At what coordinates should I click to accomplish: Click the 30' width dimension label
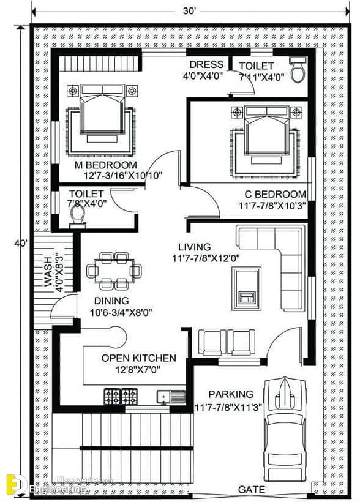click(x=189, y=11)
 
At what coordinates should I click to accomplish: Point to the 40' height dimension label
click(x=21, y=243)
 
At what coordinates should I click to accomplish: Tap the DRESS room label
click(x=206, y=64)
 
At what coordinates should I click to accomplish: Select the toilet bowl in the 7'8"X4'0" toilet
click(x=78, y=216)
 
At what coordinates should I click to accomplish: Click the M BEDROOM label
click(x=106, y=165)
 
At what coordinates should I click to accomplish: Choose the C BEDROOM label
click(x=276, y=194)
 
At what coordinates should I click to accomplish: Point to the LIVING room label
click(x=195, y=247)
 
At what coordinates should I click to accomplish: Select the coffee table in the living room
click(x=247, y=289)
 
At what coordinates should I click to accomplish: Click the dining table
click(x=114, y=271)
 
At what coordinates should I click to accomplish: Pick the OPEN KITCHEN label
click(x=139, y=358)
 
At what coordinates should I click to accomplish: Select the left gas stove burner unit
click(x=113, y=396)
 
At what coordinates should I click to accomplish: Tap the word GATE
click(x=252, y=489)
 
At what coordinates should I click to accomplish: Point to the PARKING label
click(x=231, y=394)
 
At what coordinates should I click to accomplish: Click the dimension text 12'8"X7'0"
click(x=137, y=370)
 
